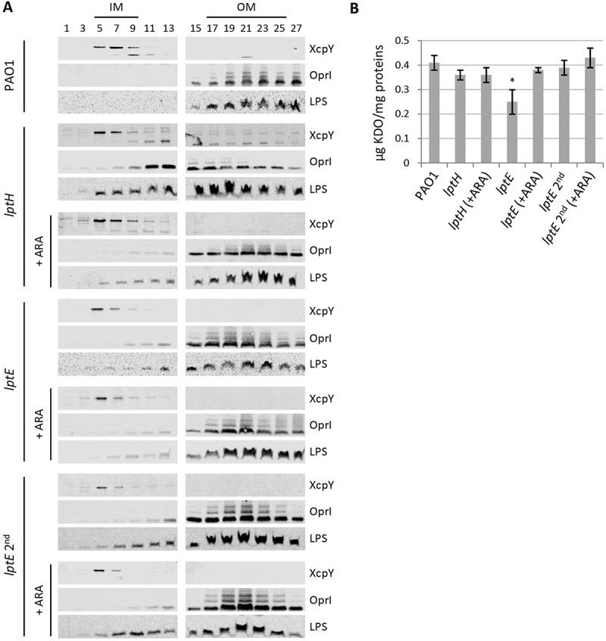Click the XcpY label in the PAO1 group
318,49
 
